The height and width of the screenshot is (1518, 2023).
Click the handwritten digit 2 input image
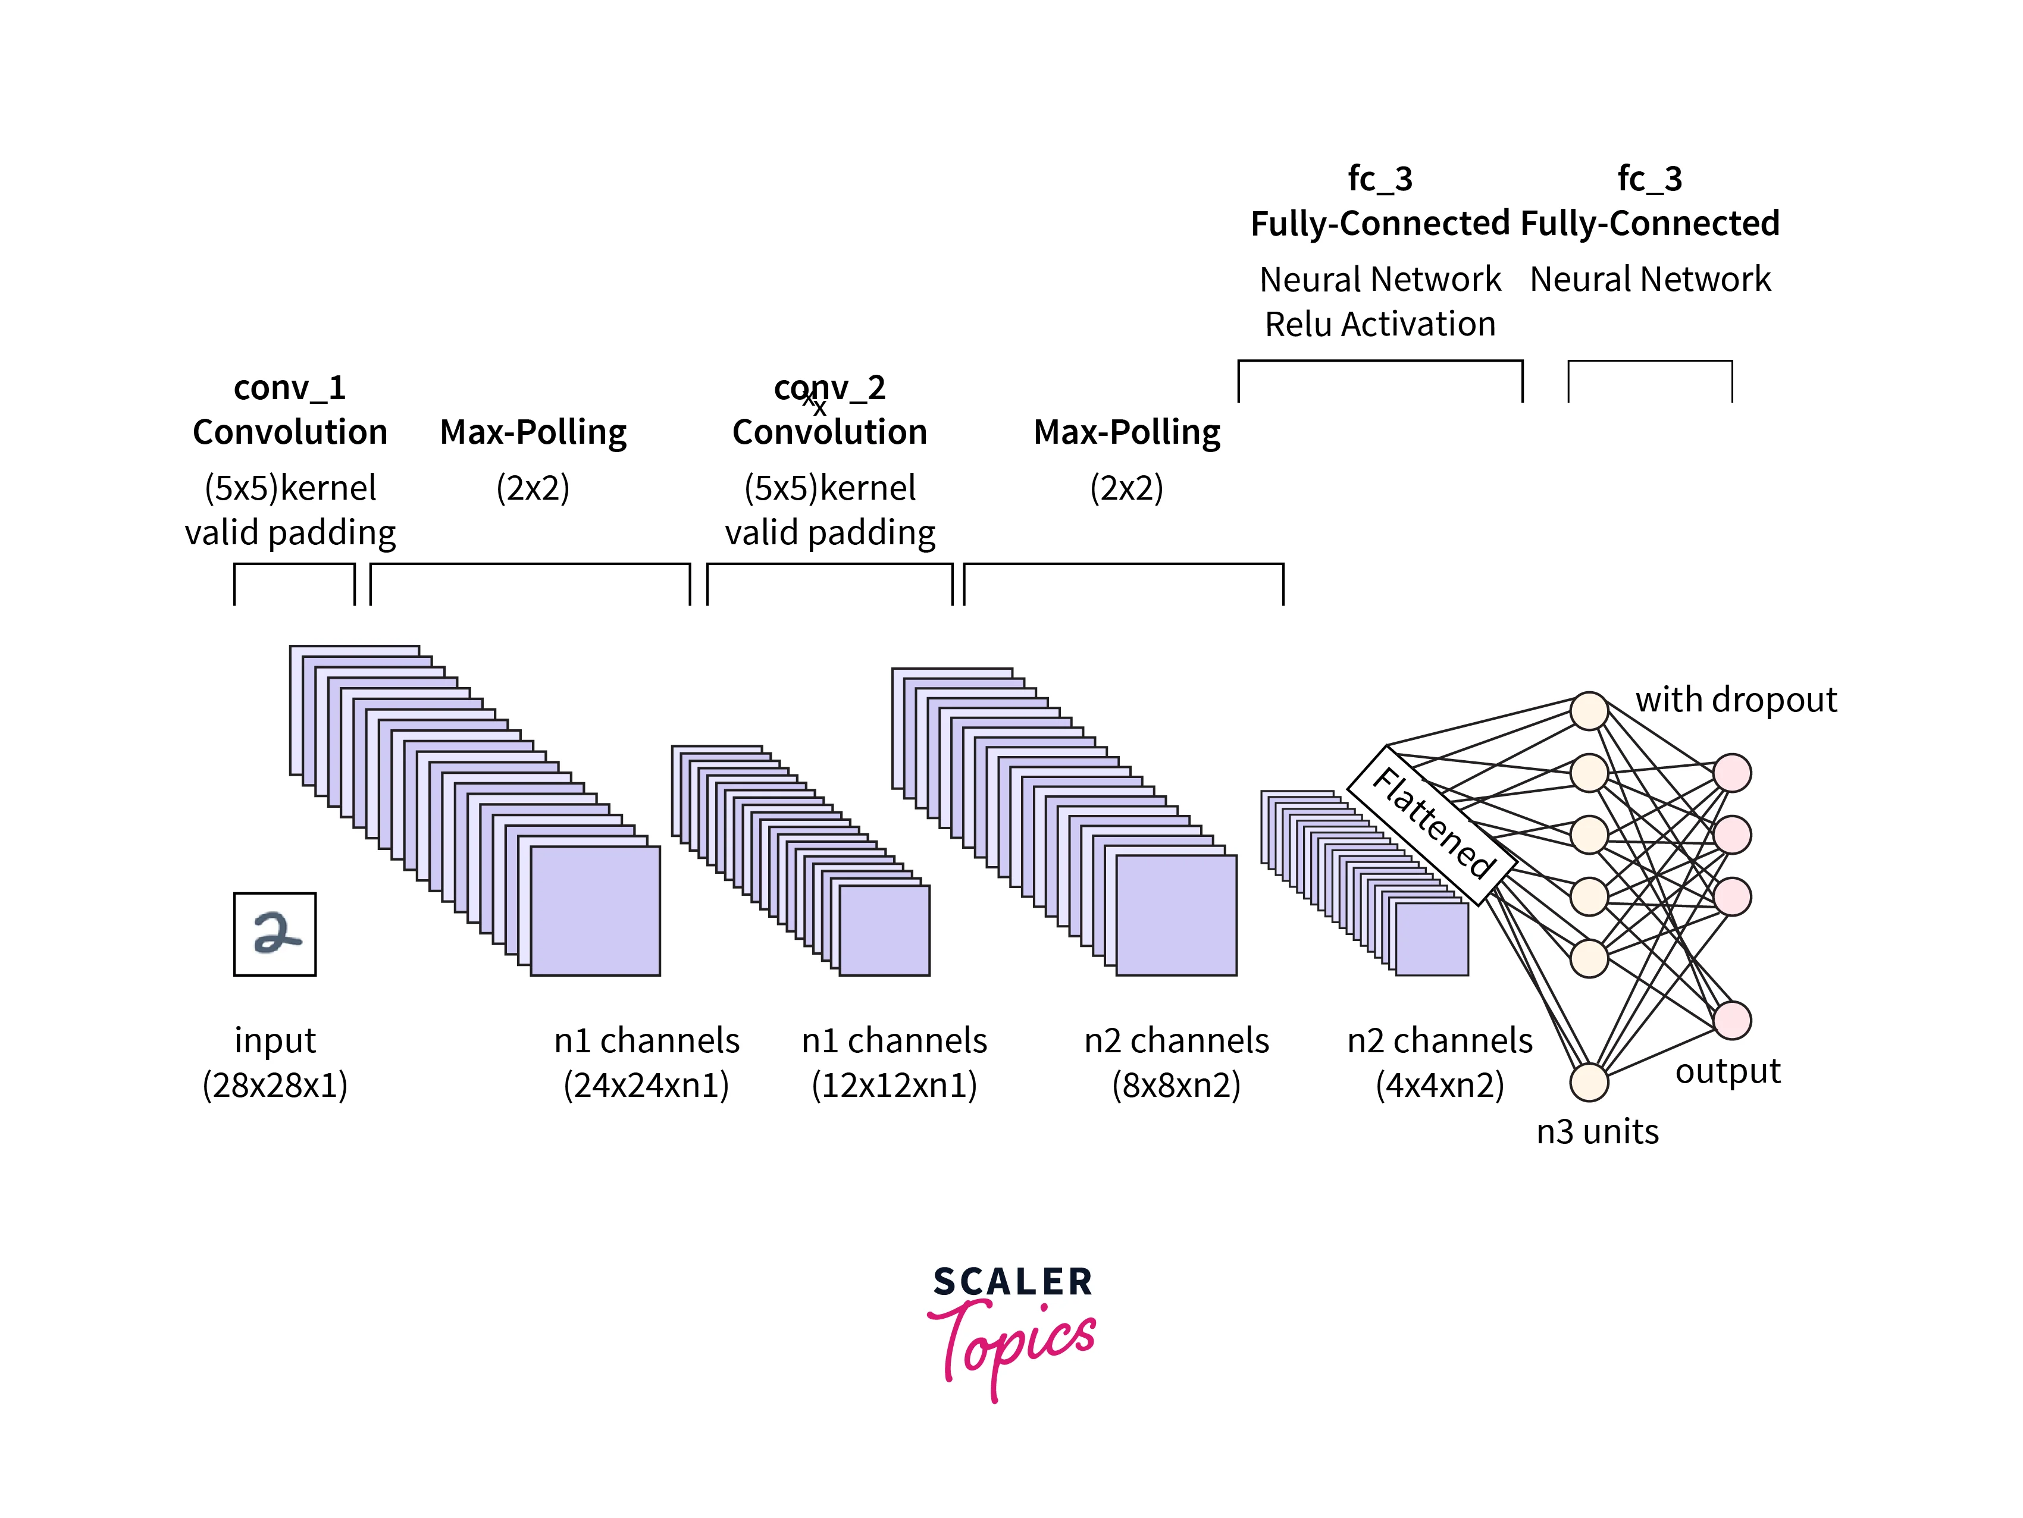pyautogui.click(x=274, y=934)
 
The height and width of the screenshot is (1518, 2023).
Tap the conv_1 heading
pyautogui.click(x=289, y=388)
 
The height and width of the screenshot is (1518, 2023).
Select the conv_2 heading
pyautogui.click(x=829, y=388)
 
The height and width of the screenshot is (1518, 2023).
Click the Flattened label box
pyautogui.click(x=1432, y=825)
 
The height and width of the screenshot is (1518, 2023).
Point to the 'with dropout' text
pyautogui.click(x=1735, y=700)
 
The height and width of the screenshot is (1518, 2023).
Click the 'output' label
pyautogui.click(x=1727, y=1071)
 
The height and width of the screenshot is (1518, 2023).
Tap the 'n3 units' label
pyautogui.click(x=1597, y=1132)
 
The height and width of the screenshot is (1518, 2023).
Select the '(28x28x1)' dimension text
pyautogui.click(x=274, y=1086)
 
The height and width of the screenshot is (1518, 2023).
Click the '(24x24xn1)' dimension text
pyautogui.click(x=646, y=1086)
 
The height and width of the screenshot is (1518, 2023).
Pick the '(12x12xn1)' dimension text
pyautogui.click(x=894, y=1086)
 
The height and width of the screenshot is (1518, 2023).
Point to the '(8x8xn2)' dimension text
pyautogui.click(x=1176, y=1086)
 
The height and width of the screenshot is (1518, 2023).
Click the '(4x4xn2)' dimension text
pyautogui.click(x=1439, y=1086)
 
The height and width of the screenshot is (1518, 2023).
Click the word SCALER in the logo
pyautogui.click(x=1013, y=1282)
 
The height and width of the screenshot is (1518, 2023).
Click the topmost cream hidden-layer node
pyautogui.click(x=1589, y=711)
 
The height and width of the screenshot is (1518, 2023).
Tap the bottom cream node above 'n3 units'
pyautogui.click(x=1589, y=1082)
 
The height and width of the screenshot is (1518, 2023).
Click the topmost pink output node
pyautogui.click(x=1732, y=773)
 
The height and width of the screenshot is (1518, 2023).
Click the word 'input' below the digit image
pyautogui.click(x=274, y=1041)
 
